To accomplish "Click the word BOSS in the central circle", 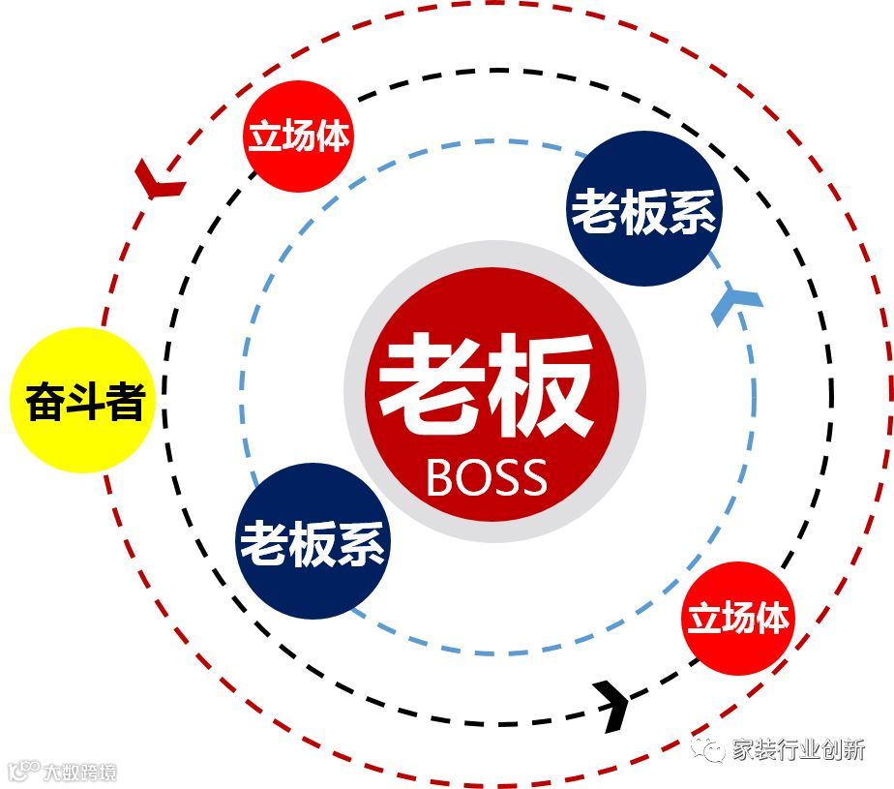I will [x=486, y=476].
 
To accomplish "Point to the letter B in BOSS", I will [x=440, y=476].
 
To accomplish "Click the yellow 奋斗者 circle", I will [x=83, y=402].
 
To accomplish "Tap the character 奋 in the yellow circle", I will [x=45, y=402].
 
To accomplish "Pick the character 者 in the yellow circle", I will [x=124, y=402].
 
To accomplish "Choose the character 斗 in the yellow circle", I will [x=84, y=402].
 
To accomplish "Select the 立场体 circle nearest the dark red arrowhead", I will [x=297, y=137].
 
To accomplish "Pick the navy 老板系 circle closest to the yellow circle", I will [x=313, y=543].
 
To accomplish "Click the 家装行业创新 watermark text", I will [x=797, y=748].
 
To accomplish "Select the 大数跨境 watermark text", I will [x=79, y=774].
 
